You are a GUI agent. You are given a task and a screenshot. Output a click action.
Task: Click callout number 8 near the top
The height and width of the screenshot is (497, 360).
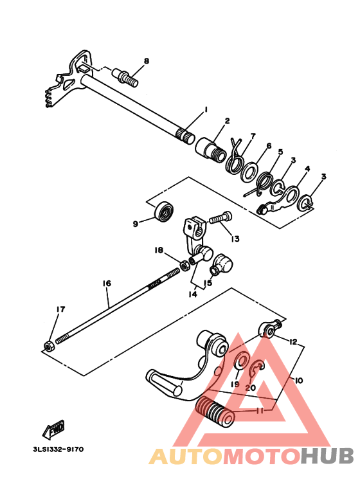147,61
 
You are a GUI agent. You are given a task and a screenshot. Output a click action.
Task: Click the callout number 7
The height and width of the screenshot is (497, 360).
253,136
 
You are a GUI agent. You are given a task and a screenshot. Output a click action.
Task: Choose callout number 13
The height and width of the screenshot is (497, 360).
235,239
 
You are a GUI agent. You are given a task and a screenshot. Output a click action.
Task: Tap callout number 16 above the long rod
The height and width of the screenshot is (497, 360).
107,283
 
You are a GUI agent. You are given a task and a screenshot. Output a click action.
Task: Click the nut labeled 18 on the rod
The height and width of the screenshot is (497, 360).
184,263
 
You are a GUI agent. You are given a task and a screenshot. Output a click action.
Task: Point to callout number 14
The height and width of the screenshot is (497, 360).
193,294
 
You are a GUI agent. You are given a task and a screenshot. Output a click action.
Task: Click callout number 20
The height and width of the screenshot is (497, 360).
251,387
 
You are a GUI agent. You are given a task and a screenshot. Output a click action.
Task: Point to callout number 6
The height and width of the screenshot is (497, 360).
269,146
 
